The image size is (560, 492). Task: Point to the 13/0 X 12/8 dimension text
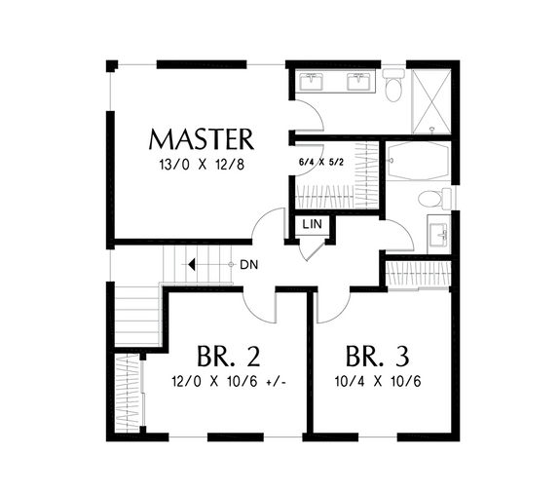point(202,165)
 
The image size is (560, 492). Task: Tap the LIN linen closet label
point(313,225)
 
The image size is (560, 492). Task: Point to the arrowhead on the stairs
point(195,264)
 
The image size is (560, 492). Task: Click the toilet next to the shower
point(393,89)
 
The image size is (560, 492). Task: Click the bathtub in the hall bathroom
point(416,162)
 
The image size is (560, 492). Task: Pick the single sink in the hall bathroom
point(439,235)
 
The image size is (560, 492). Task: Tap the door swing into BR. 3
point(331,304)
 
